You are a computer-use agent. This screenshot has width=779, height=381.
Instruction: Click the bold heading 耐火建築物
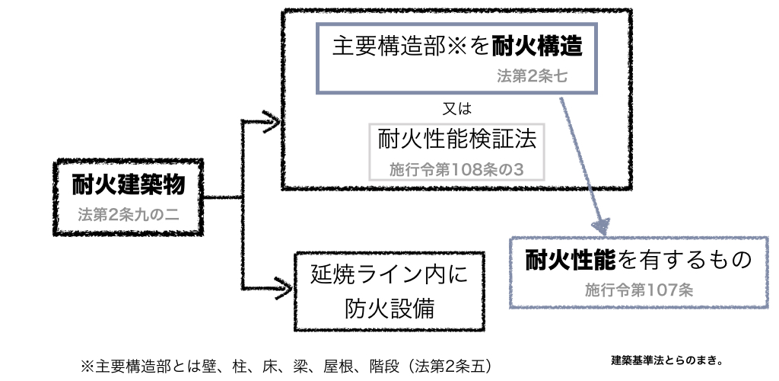tap(129, 184)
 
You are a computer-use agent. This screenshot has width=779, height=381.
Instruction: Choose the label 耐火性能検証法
tap(456, 139)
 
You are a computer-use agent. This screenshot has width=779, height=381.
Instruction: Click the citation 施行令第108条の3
tap(456, 168)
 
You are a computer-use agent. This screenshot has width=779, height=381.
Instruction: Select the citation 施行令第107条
tap(639, 290)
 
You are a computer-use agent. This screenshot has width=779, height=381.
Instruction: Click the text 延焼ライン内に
tap(386, 274)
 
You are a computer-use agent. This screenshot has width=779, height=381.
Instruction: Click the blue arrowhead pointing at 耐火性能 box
tap(602, 226)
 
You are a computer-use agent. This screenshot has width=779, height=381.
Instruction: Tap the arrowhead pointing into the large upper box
tap(269, 120)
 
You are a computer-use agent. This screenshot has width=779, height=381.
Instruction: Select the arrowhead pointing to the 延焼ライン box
tap(283, 286)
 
